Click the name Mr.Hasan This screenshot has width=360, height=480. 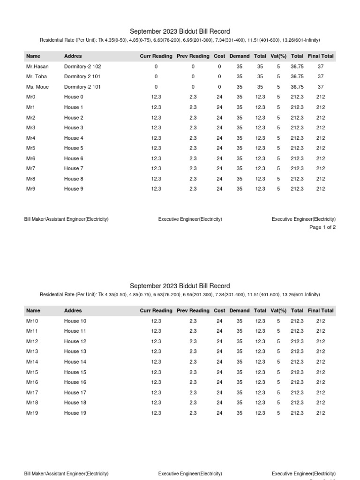[x=37, y=67]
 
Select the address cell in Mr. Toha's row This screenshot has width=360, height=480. [x=82, y=76]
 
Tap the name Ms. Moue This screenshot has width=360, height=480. [x=37, y=87]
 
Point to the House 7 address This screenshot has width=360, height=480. [x=74, y=168]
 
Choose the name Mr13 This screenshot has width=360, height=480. [x=32, y=351]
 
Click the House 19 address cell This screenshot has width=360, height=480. [x=75, y=413]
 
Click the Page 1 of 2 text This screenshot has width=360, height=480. [x=322, y=227]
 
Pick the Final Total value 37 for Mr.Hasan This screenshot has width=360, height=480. [x=321, y=67]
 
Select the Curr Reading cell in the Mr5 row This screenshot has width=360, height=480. [x=156, y=148]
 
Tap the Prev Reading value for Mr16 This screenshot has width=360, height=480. [x=193, y=382]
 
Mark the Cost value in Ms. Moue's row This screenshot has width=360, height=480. [x=219, y=87]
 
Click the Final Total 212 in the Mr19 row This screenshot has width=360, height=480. [x=321, y=413]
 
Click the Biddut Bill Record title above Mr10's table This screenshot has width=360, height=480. [x=180, y=286]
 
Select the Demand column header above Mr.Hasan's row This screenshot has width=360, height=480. [x=240, y=56]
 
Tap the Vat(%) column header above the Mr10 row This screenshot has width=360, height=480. [x=278, y=311]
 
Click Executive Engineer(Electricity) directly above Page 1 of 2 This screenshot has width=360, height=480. [x=304, y=219]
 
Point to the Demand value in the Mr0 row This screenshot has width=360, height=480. [x=240, y=97]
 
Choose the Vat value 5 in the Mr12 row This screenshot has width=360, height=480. [x=278, y=341]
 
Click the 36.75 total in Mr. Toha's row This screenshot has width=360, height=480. [x=297, y=76]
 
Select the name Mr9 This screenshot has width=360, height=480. [x=31, y=189]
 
